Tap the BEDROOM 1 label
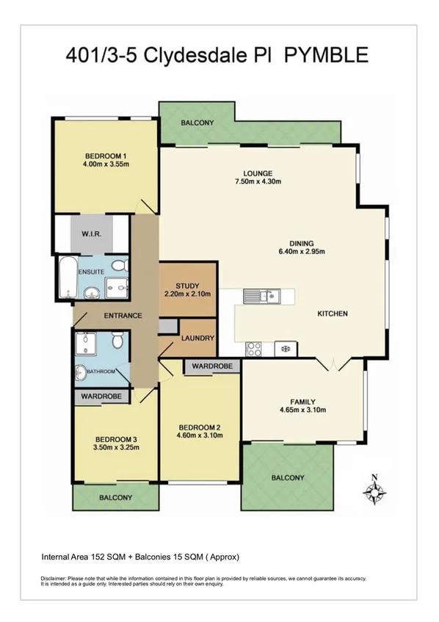[x=106, y=156]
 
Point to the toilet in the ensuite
[x=124, y=265]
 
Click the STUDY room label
[x=187, y=286]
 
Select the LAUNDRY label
[x=197, y=339]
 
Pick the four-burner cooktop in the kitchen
[x=254, y=347]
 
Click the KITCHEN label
[x=332, y=314]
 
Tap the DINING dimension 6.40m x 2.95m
[x=301, y=252]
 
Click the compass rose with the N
[x=374, y=491]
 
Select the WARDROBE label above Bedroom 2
[x=212, y=365]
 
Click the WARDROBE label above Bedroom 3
[x=101, y=396]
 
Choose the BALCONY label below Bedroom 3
[x=115, y=497]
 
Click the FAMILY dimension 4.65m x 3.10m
[x=302, y=411]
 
